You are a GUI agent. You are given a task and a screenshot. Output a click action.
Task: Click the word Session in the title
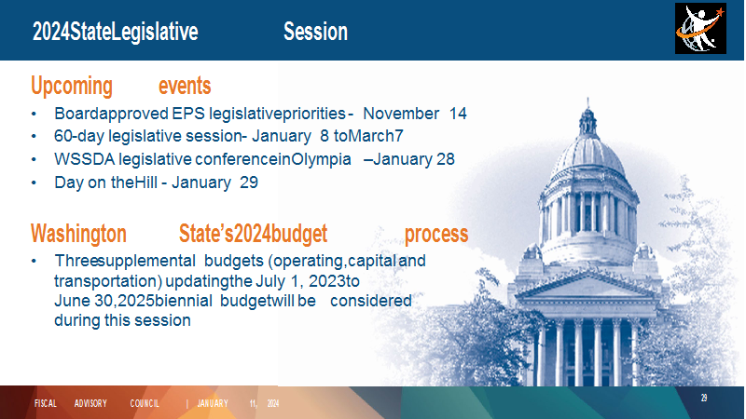[x=315, y=32]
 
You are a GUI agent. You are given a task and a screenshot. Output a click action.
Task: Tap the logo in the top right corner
[x=700, y=29]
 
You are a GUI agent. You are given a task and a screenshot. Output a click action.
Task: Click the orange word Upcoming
[x=72, y=87]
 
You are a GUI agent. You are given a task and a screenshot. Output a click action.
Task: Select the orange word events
[x=185, y=86]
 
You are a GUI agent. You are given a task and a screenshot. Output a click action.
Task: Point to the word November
[x=401, y=114]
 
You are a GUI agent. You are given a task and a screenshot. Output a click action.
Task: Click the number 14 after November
[x=458, y=114]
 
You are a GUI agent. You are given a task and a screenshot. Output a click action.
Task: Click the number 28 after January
[x=446, y=159]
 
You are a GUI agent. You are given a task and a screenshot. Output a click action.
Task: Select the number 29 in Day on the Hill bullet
[x=249, y=182]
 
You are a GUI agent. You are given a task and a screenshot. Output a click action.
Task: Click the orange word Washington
[x=78, y=234]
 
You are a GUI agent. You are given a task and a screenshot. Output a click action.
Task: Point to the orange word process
[x=436, y=235]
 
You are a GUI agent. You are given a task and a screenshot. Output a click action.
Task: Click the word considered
[x=371, y=301]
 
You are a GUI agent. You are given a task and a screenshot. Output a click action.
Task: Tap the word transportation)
[x=108, y=281]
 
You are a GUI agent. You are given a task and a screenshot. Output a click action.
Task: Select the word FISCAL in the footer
[x=45, y=403]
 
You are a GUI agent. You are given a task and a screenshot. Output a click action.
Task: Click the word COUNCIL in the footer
[x=145, y=403]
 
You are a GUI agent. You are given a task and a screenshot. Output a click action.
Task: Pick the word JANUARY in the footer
[x=213, y=403]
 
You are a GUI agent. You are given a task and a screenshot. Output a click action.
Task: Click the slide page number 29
[x=704, y=399]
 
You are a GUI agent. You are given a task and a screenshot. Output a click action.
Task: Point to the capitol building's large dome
[x=588, y=156]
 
